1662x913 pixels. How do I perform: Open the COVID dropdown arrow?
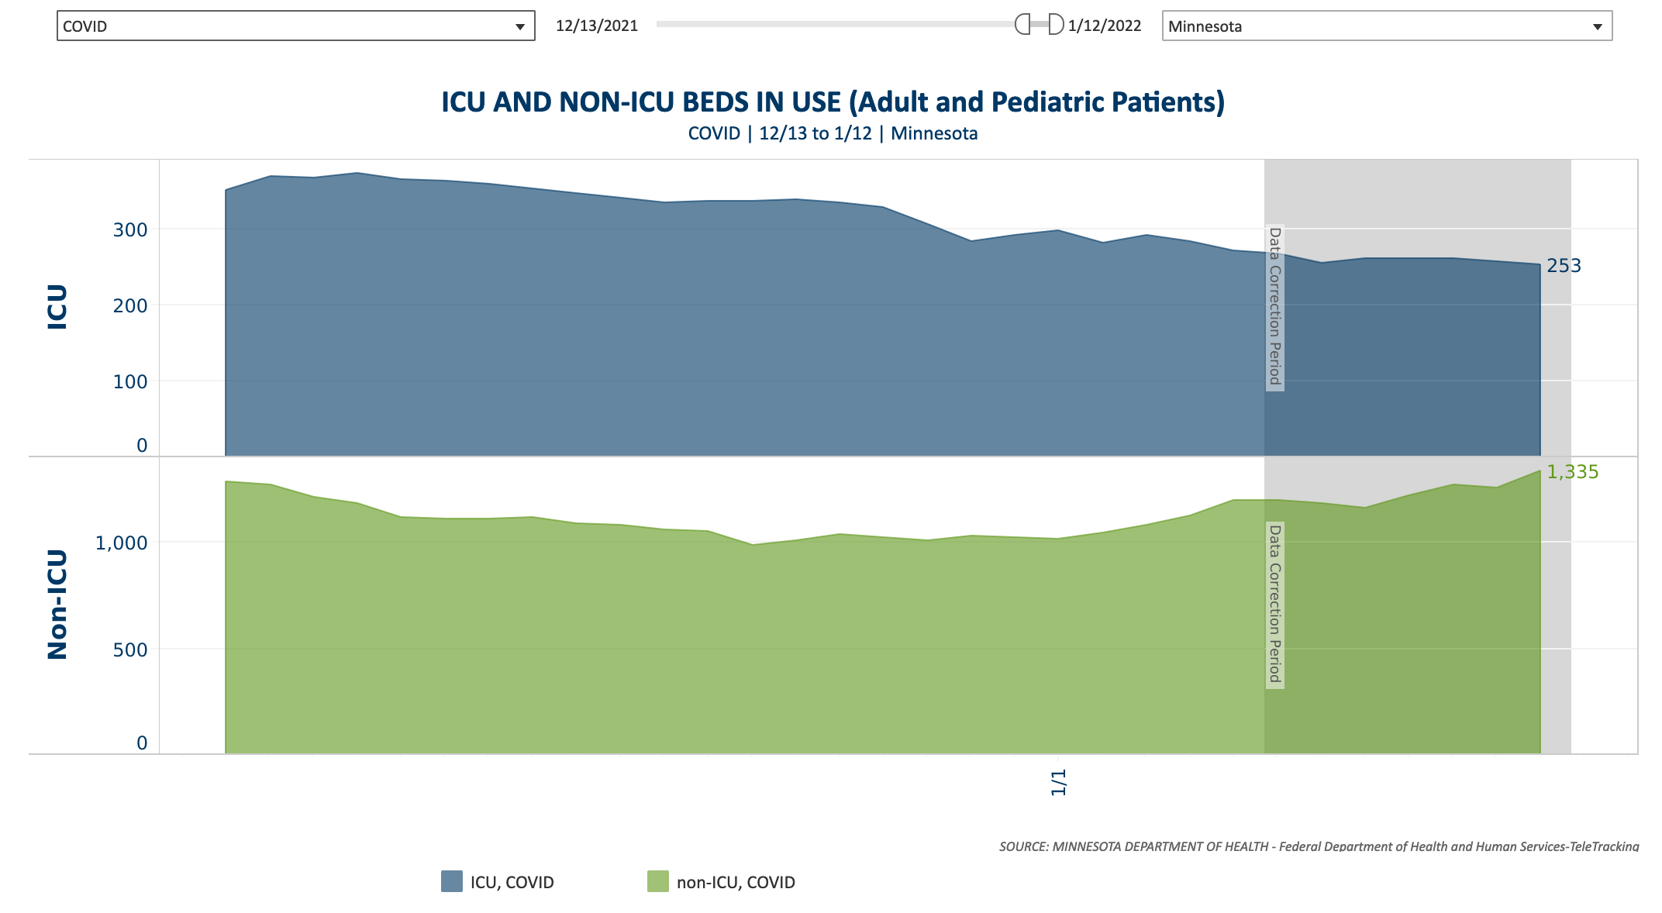[520, 27]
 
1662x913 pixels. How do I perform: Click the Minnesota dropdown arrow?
[1598, 27]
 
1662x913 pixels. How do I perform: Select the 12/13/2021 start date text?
[597, 26]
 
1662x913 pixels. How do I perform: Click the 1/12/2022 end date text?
[1105, 26]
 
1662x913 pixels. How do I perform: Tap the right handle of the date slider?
[1056, 25]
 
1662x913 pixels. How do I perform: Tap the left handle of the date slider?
[1022, 25]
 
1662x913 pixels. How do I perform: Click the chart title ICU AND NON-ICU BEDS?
[833, 102]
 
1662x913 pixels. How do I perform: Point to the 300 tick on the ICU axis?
[130, 230]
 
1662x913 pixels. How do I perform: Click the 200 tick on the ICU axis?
[130, 306]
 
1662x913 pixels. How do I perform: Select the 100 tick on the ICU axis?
[130, 382]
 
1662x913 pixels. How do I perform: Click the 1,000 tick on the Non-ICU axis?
[121, 543]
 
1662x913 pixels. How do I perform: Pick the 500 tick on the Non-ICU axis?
[130, 650]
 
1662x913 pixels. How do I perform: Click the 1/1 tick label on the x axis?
[1059, 783]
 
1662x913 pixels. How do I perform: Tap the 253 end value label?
[1564, 266]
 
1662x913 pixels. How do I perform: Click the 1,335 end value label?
[1573, 472]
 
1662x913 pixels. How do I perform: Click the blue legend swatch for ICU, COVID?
[452, 881]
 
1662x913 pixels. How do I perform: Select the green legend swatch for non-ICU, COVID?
[658, 881]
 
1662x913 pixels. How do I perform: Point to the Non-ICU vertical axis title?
[58, 605]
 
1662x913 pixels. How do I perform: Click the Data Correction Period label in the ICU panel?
[1274, 306]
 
